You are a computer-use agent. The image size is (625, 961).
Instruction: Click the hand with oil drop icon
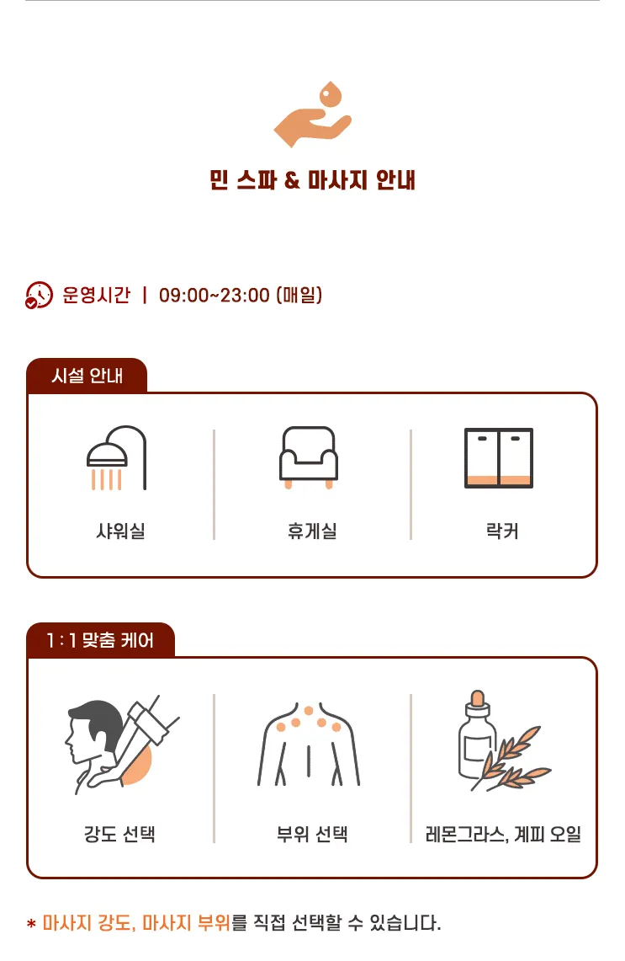click(x=312, y=115)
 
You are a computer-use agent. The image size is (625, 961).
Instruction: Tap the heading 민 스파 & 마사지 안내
click(x=312, y=180)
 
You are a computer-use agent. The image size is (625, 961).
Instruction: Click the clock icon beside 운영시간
click(x=39, y=296)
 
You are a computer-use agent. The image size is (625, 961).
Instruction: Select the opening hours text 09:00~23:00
click(x=215, y=296)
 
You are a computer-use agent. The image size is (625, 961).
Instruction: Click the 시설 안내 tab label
click(x=87, y=375)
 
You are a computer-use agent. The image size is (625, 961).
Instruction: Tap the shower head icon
click(x=116, y=457)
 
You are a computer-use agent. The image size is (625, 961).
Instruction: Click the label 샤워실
click(x=120, y=530)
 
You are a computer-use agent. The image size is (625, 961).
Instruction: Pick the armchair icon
click(x=309, y=457)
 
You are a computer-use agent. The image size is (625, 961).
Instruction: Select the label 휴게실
click(x=312, y=530)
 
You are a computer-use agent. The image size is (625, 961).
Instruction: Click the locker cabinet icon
click(x=499, y=458)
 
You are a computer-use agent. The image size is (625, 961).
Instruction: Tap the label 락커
click(x=502, y=530)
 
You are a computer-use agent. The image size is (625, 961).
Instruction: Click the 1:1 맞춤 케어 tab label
click(x=100, y=640)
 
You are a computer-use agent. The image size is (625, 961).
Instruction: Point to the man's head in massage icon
click(x=94, y=730)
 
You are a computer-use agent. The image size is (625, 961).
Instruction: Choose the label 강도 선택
click(x=119, y=834)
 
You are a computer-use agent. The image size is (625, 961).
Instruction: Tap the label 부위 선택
click(x=312, y=834)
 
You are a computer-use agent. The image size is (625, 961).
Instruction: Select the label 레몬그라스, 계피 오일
click(x=503, y=834)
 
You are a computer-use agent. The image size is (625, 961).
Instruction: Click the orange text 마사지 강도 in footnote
click(x=88, y=922)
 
